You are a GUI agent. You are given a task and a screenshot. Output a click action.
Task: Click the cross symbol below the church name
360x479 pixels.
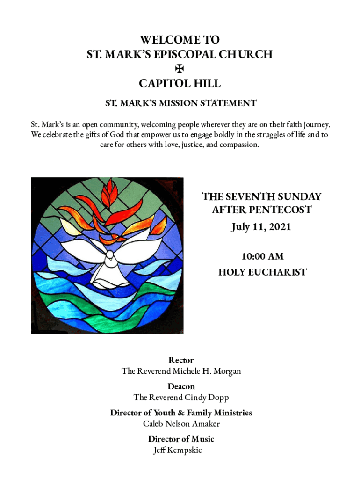[x=180, y=69]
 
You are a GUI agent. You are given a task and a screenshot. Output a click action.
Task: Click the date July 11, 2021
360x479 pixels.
[x=261, y=227]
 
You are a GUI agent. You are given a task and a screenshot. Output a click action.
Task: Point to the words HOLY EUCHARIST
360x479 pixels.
[x=262, y=272]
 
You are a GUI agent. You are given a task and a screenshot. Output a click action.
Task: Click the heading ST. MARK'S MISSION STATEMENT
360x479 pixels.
[x=180, y=103]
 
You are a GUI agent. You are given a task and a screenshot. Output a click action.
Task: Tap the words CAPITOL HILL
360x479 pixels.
[x=180, y=84]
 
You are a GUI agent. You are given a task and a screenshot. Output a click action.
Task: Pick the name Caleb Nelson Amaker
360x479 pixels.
[x=181, y=424]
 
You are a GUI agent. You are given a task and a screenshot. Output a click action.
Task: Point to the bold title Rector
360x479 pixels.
[x=180, y=360]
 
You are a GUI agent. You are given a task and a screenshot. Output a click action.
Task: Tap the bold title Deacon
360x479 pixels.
[x=181, y=386]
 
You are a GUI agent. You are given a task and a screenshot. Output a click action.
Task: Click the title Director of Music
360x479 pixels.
[x=181, y=439]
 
